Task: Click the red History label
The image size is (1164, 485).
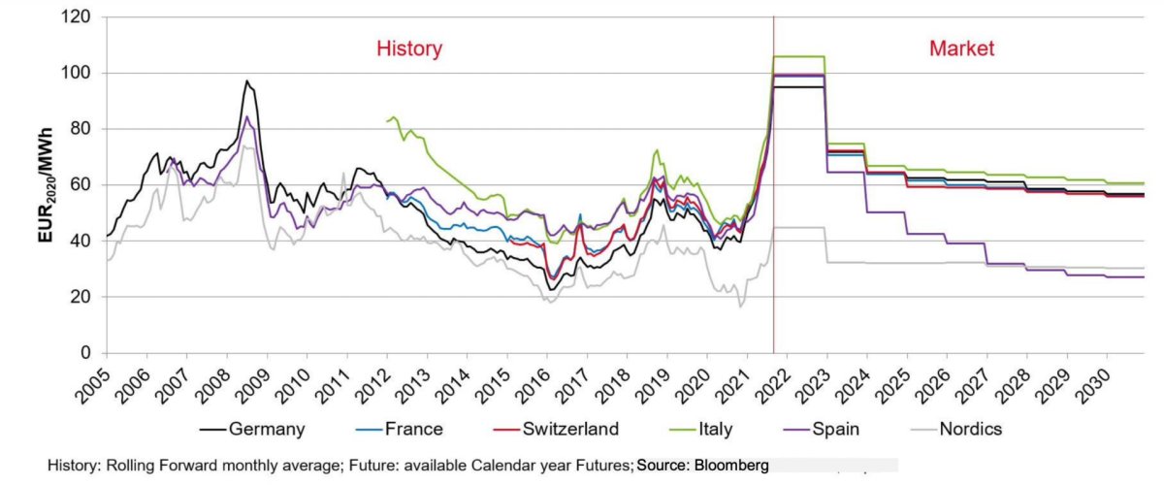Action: [408, 48]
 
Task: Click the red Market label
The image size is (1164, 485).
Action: [961, 48]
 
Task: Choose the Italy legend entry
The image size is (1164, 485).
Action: [713, 429]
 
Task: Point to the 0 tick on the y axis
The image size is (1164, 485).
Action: [87, 353]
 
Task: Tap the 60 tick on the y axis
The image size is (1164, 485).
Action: [82, 185]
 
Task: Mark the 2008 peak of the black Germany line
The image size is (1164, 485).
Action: [246, 81]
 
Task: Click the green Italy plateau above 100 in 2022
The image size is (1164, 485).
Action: [798, 56]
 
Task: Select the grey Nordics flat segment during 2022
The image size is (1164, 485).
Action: [798, 227]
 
